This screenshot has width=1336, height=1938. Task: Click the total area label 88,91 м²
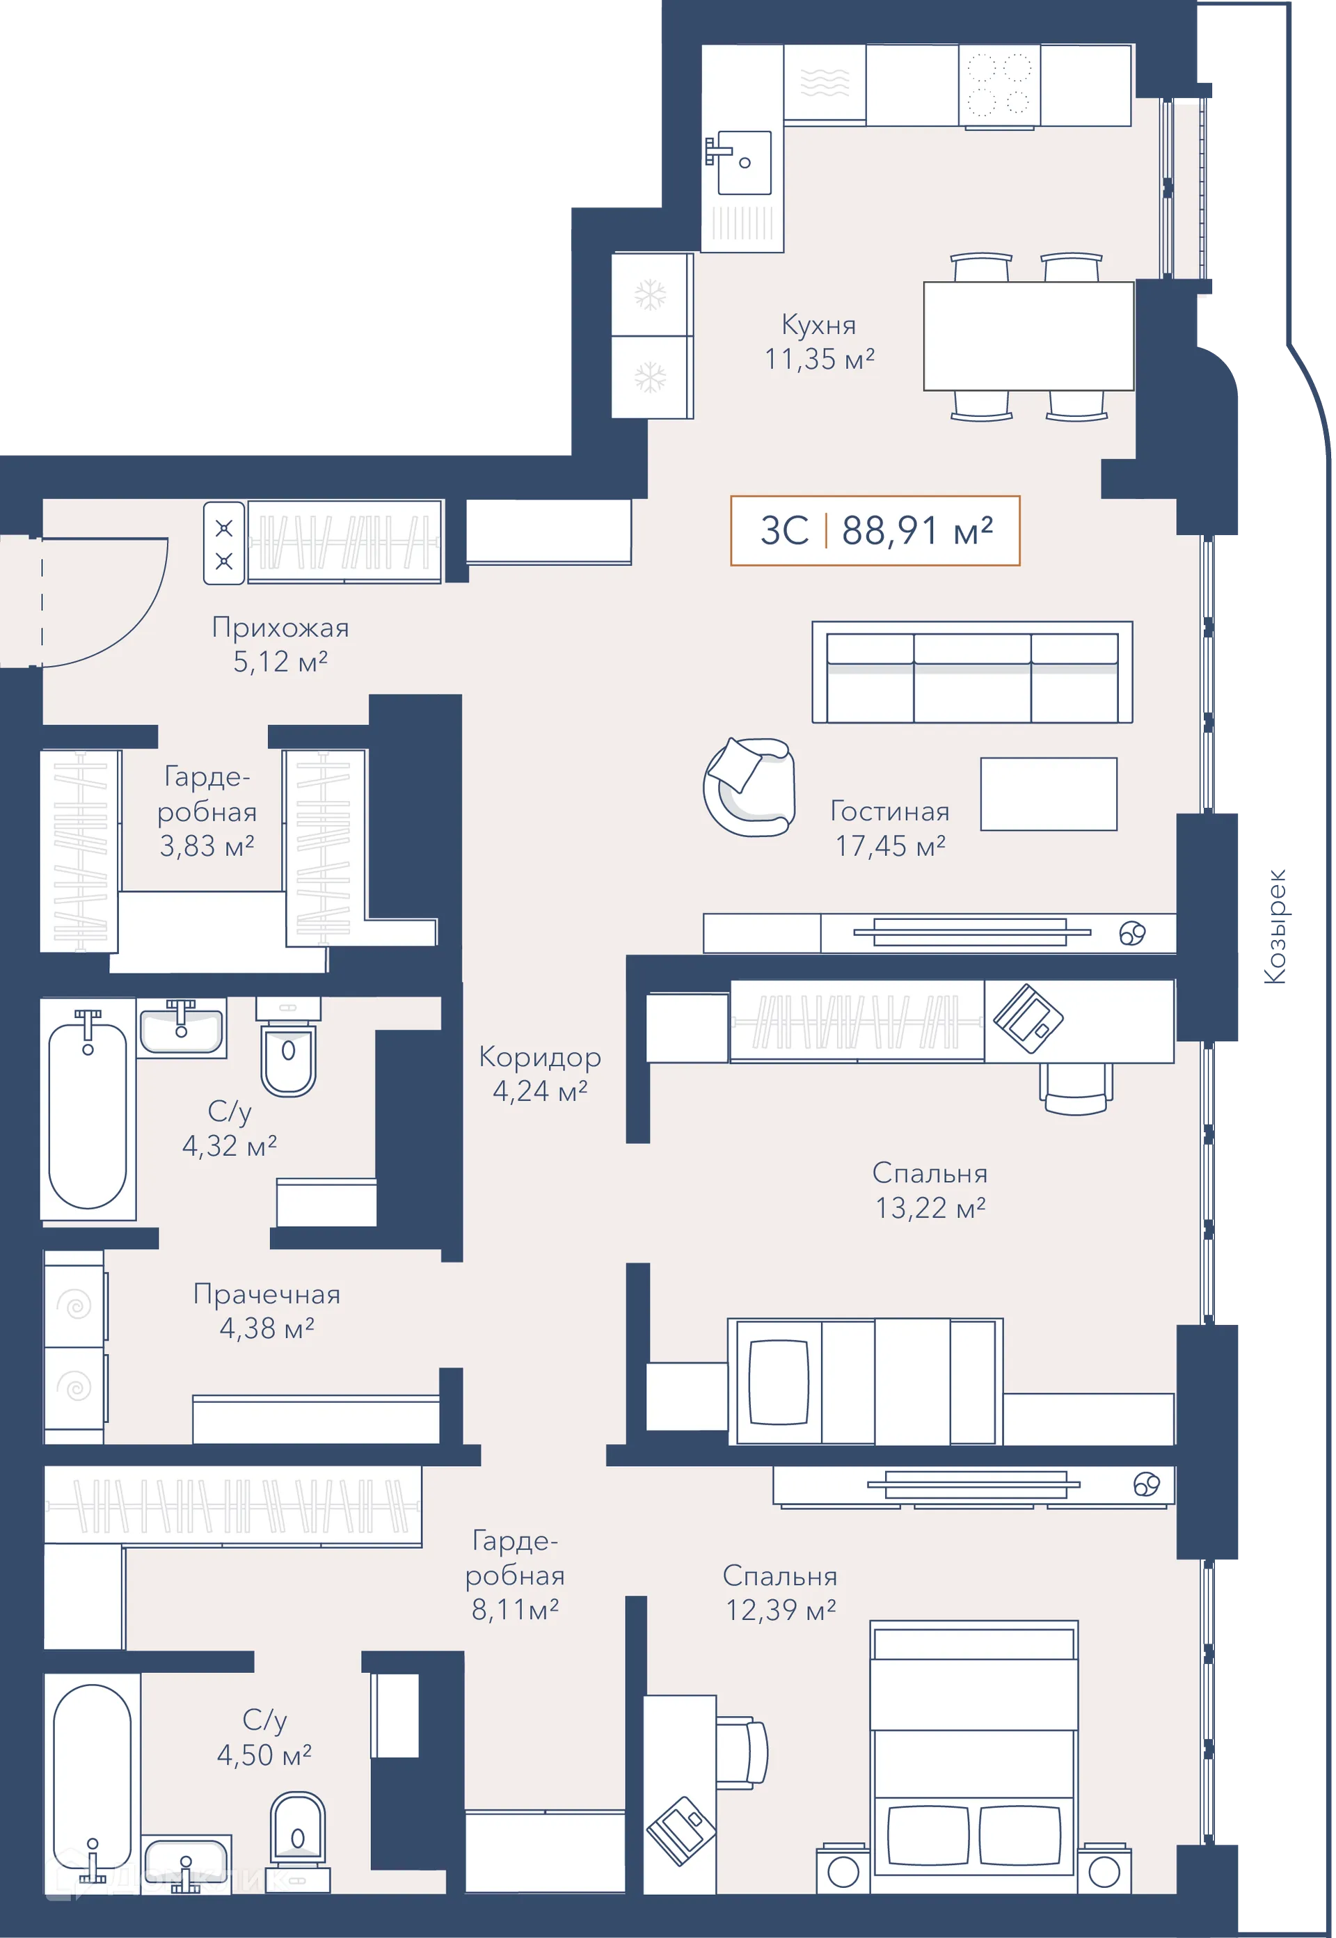(x=916, y=530)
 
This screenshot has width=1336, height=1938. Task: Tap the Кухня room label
(x=819, y=324)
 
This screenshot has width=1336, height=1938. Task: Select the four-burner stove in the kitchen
(x=999, y=86)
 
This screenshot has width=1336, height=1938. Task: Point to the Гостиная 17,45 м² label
(x=890, y=828)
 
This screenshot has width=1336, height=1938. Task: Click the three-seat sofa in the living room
(x=972, y=672)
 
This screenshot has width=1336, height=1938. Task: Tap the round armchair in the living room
(x=748, y=787)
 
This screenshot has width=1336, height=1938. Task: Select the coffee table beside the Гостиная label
(x=1048, y=793)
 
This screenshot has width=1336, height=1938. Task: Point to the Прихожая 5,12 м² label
(x=280, y=644)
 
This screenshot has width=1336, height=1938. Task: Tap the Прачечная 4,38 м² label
(x=267, y=1311)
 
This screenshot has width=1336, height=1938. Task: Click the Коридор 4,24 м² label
(x=540, y=1074)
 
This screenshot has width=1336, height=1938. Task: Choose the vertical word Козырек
(x=1274, y=926)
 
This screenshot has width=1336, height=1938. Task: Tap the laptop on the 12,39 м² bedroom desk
(x=681, y=1831)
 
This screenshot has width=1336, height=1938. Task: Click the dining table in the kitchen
(x=1028, y=335)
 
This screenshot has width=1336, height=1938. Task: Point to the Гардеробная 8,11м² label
(x=515, y=1575)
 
